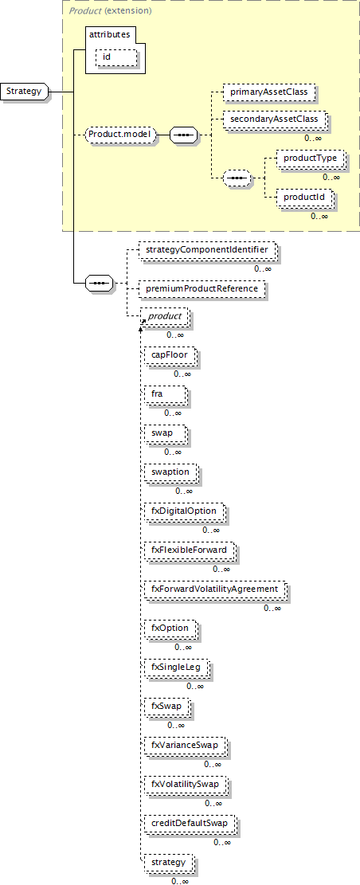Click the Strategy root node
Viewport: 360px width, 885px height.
tap(25, 91)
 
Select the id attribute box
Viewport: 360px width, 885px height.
tap(117, 57)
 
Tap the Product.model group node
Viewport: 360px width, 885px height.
tap(119, 135)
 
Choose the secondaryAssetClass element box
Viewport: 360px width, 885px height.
tap(275, 119)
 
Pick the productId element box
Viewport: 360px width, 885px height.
tap(303, 198)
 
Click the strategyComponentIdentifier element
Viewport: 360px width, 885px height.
tap(207, 249)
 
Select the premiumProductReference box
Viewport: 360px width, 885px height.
tap(202, 288)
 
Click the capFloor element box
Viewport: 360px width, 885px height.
tap(170, 355)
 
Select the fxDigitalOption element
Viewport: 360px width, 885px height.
tap(183, 511)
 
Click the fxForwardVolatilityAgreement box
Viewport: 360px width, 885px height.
tap(214, 589)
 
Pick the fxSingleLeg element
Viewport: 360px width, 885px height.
tap(175, 668)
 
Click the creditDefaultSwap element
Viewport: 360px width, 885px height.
tap(190, 824)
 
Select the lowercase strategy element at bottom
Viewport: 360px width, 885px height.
tap(168, 863)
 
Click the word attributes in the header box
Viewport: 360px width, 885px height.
tap(110, 34)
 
